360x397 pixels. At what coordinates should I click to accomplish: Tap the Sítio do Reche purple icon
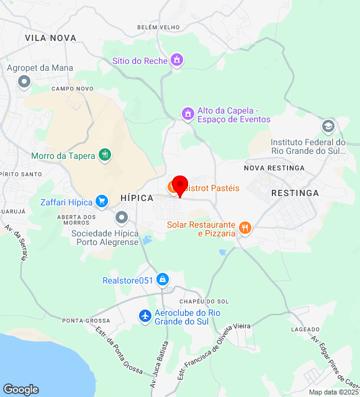[177, 60]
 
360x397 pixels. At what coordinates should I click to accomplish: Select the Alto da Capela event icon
[187, 114]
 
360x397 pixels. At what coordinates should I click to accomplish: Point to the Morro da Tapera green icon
[105, 155]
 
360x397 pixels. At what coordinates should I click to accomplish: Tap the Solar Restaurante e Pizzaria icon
[245, 228]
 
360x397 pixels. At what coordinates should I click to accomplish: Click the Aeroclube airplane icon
[145, 316]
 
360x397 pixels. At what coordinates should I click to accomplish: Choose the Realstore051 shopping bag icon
[163, 280]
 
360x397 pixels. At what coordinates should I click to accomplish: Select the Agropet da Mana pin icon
[24, 81]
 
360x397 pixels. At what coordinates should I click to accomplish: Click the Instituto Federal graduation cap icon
[328, 127]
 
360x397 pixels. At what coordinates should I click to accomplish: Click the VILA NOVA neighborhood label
[50, 38]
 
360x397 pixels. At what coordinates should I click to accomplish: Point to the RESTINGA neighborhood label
[295, 193]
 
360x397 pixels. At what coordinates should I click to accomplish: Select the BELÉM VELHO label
[158, 28]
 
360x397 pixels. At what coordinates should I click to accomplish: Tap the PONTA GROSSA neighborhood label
[86, 321]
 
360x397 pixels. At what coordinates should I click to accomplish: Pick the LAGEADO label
[305, 329]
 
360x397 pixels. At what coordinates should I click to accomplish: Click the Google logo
[20, 390]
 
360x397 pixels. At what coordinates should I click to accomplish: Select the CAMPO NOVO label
[72, 89]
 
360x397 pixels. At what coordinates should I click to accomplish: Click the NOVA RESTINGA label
[274, 168]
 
